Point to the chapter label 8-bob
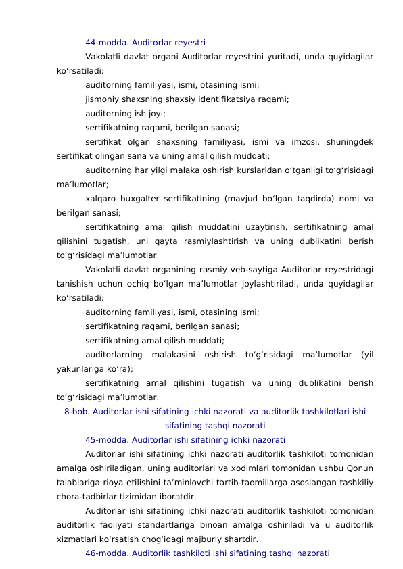tap(76, 411)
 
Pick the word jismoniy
tap(103, 99)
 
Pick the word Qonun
tap(360, 468)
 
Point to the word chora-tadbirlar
tap(87, 496)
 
